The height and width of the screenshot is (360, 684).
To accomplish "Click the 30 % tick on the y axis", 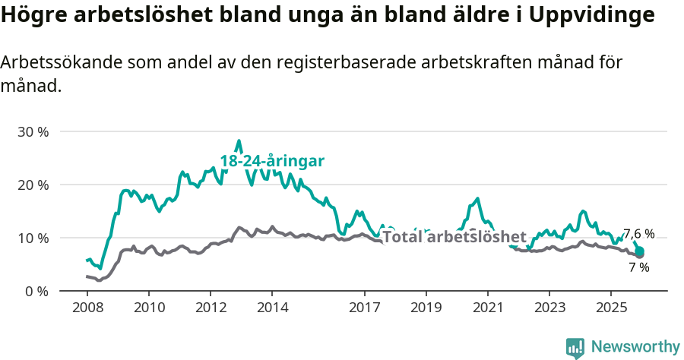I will click(33, 131).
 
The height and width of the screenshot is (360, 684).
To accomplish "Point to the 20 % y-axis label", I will click(33, 185).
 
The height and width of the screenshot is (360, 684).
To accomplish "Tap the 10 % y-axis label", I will click(33, 238).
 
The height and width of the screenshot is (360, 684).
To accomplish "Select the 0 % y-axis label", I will click(36, 291).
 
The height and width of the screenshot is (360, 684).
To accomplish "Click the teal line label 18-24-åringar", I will click(272, 161).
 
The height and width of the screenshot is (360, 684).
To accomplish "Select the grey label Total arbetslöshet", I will click(454, 236).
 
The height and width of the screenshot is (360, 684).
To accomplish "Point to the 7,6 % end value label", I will click(638, 234).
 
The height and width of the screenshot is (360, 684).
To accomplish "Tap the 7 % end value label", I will click(638, 267).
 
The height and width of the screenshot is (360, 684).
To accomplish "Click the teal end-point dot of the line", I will click(639, 251).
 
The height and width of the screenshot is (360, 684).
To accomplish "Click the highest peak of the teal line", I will click(239, 141).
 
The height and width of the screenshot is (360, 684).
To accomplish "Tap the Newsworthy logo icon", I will click(575, 347).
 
